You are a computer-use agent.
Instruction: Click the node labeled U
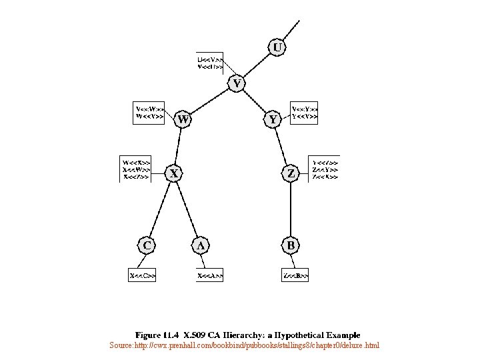277,47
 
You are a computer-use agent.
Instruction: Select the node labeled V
238,84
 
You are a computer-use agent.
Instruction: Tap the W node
183,120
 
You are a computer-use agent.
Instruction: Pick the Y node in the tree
273,120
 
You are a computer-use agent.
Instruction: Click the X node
174,174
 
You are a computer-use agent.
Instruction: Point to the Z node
290,174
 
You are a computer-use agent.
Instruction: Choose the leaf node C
147,245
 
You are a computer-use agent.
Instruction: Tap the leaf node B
290,245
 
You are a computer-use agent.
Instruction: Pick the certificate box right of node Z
326,169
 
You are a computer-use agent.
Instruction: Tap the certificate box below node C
143,275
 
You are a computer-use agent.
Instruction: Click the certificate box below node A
210,275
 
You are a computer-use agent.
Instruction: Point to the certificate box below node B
295,275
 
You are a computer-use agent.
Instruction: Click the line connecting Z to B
290,210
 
